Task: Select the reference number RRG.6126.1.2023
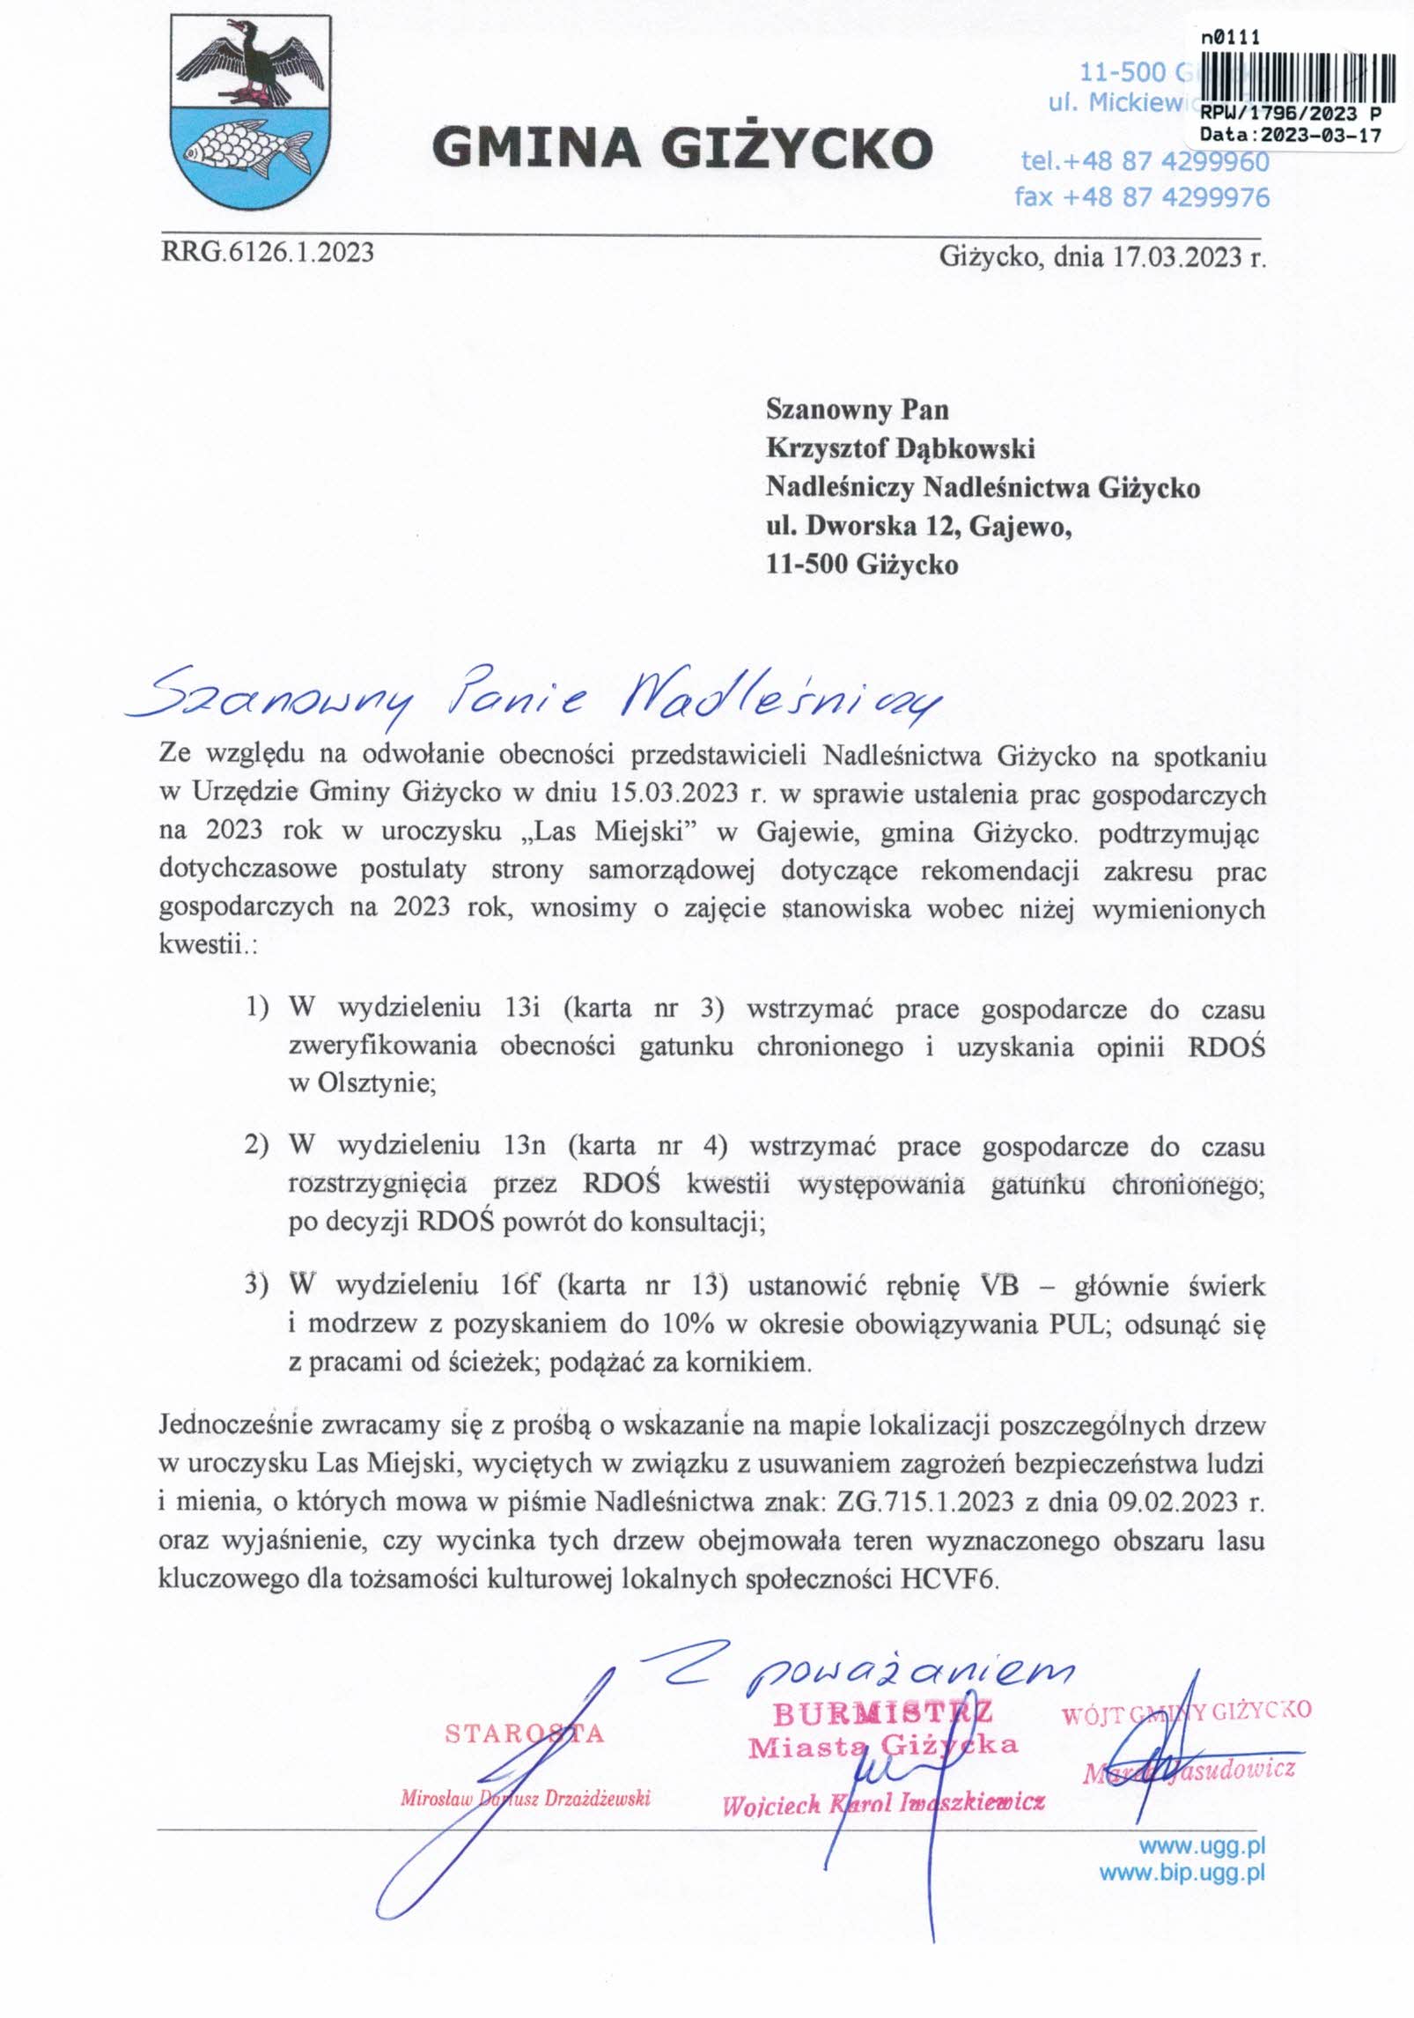267,253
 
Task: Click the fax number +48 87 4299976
1141,196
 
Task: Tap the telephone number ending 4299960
1145,162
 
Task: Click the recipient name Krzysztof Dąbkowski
900,448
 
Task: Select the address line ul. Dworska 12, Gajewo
918,526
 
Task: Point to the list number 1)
256,1007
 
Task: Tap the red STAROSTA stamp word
524,1733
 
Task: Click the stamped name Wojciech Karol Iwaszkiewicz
883,1804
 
